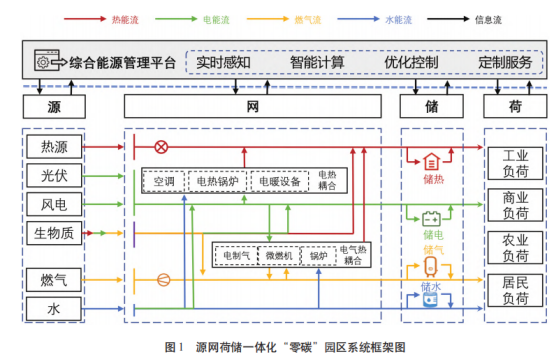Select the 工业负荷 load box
(x=515, y=162)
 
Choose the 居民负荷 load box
(x=515, y=291)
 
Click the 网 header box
(x=255, y=105)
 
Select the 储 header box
(x=433, y=105)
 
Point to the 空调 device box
(x=165, y=182)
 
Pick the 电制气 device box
(x=236, y=255)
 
